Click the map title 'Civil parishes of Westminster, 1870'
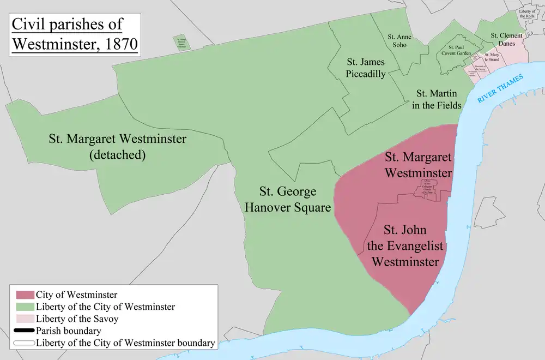[x=75, y=34]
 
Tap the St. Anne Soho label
[x=399, y=41]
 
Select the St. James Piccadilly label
[x=366, y=69]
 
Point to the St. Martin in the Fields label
[x=437, y=99]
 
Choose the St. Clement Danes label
[x=506, y=39]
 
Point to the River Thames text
[x=500, y=89]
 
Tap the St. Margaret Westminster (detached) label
[x=117, y=147]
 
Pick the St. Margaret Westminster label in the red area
[x=419, y=165]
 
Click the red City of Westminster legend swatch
[x=25, y=295]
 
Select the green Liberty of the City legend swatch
[x=25, y=307]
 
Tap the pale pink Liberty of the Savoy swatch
[x=25, y=319]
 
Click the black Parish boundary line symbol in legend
[x=25, y=331]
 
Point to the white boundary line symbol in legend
[x=25, y=343]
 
